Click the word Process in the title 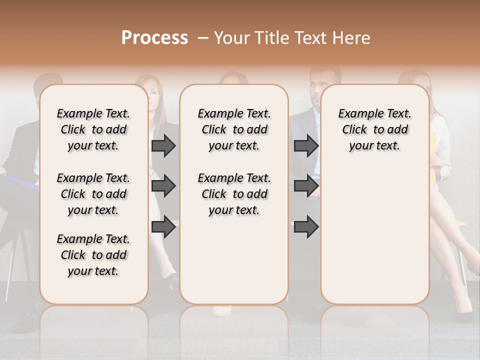154,38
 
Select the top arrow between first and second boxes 163,145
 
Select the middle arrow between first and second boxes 163,186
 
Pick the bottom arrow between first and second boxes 163,226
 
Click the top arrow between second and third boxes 306,145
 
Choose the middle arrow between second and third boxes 306,186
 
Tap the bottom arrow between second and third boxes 306,226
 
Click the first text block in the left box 93,129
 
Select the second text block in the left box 93,194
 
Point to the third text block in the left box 93,255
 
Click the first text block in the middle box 234,129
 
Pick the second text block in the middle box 234,194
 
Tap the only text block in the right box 374,129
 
